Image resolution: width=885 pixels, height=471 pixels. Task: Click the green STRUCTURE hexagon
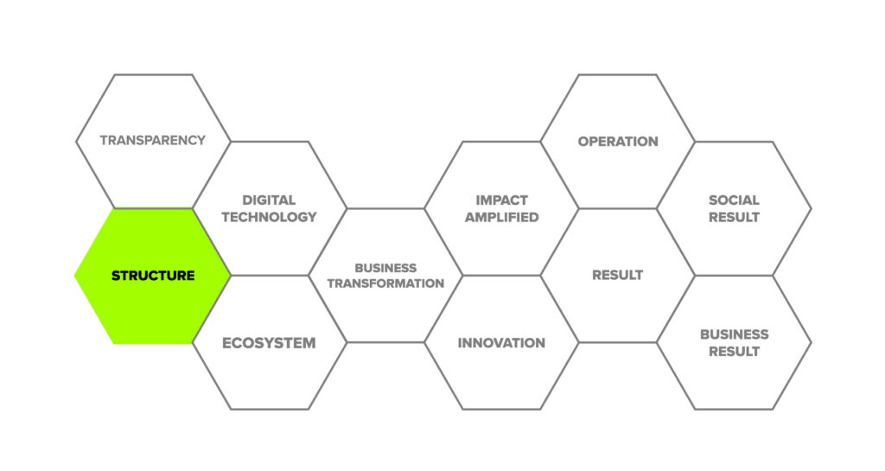[152, 276]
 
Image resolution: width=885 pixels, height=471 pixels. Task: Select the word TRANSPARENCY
[153, 140]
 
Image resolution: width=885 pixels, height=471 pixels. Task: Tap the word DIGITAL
[269, 200]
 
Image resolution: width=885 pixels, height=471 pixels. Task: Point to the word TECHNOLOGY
[269, 217]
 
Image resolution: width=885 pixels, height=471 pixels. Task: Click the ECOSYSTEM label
[269, 343]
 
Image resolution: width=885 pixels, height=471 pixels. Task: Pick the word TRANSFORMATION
[385, 283]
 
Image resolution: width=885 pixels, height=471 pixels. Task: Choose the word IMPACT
[502, 200]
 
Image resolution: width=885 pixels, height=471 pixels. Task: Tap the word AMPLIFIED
[502, 217]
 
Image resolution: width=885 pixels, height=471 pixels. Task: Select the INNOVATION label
[501, 343]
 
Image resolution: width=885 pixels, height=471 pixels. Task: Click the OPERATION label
[618, 142]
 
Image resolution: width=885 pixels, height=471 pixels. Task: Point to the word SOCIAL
[734, 200]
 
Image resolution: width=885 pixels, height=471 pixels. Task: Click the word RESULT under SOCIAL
[734, 217]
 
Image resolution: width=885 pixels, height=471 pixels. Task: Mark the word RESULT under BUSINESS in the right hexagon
[734, 352]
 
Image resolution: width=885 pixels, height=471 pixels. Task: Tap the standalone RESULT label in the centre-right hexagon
[617, 276]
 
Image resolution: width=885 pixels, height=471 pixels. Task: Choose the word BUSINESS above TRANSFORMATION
[385, 268]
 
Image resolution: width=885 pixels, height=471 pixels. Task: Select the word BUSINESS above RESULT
[735, 334]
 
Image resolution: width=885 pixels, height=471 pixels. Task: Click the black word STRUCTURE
[153, 276]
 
